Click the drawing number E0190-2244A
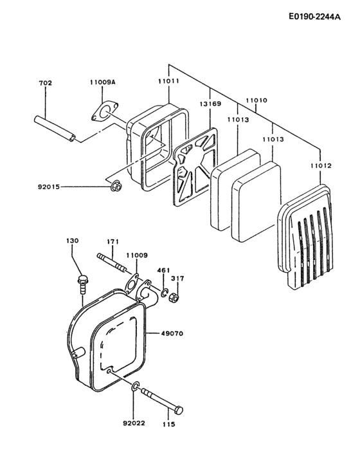tap(314, 17)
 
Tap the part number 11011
tap(168, 83)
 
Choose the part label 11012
tap(321, 166)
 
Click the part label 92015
tap(50, 187)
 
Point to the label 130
tap(73, 241)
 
